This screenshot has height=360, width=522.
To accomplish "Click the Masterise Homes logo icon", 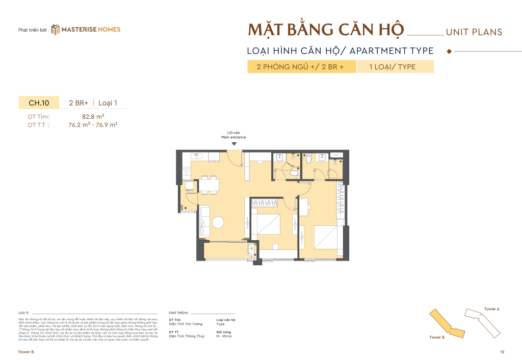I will coord(56,30).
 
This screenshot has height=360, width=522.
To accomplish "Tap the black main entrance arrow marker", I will coord(233,144).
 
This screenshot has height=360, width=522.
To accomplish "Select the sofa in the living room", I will coord(204,220).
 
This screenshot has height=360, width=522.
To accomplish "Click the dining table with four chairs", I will coord(208,185).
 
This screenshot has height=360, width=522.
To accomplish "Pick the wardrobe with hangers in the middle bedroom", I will coord(265,203).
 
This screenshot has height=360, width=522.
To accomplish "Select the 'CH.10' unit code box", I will coord(39,103).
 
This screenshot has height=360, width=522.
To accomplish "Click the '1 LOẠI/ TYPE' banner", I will coord(395,67).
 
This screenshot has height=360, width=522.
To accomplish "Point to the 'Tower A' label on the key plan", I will coord(491,309).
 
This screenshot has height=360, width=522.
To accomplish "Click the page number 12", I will coord(502,352).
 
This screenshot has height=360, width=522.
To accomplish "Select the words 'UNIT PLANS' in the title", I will coord(474,32).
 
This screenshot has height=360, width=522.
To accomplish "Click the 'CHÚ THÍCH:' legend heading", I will coord(178,313).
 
